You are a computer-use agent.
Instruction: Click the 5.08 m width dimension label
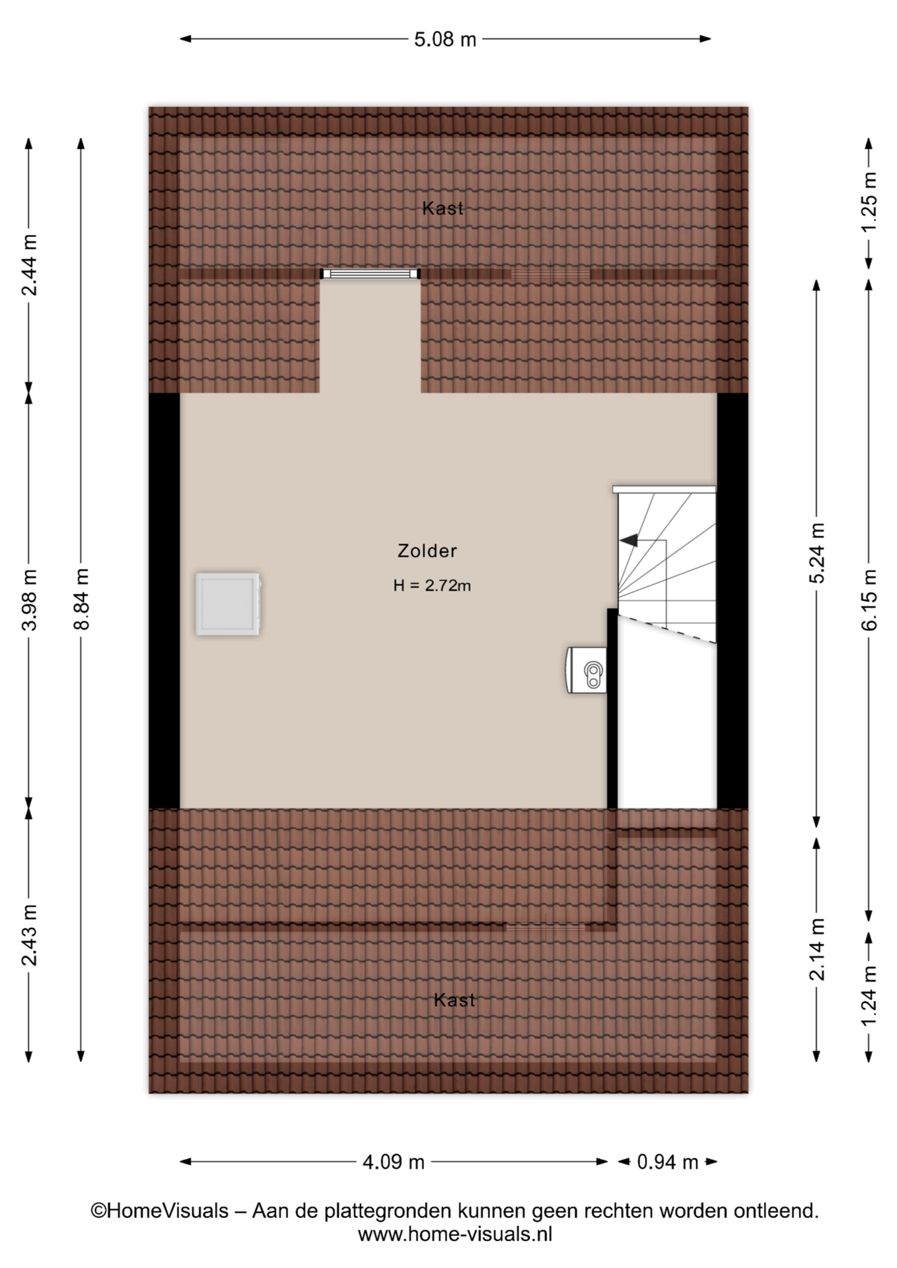(445, 40)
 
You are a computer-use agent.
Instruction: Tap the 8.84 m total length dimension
(81, 599)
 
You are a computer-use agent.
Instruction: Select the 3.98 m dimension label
(29, 599)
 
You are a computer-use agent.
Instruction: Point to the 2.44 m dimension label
(29, 265)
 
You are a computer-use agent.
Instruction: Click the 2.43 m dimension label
(29, 935)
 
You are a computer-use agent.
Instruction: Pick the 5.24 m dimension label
(817, 553)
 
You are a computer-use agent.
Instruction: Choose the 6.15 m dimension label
(869, 599)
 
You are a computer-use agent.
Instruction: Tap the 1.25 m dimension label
(869, 201)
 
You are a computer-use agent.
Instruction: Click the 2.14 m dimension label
(817, 949)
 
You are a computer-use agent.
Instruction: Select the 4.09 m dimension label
(394, 1162)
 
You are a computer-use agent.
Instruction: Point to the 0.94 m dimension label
(667, 1162)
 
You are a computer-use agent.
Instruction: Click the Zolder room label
(427, 551)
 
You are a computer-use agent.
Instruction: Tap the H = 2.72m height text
(432, 586)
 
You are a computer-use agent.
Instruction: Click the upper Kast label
(443, 209)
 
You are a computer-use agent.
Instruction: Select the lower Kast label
(454, 1001)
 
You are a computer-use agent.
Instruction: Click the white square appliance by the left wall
(228, 604)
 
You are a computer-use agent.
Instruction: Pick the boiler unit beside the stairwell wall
(587, 670)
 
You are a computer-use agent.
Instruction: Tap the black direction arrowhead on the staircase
(629, 540)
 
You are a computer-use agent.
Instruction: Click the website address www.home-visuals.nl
(454, 1234)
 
